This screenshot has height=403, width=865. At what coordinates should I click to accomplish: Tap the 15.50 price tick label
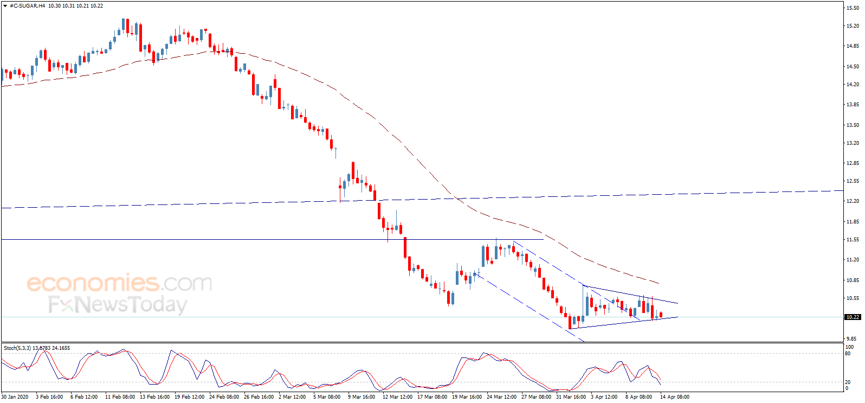pos(853,8)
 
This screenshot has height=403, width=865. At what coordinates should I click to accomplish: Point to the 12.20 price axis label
pos(853,201)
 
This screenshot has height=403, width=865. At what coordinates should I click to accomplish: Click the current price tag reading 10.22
pos(853,317)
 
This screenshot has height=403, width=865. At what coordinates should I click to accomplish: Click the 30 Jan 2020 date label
pos(15,397)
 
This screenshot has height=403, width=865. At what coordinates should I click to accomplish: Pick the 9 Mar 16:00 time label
pos(362,397)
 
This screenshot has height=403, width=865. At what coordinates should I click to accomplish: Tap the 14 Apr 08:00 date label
pos(675,397)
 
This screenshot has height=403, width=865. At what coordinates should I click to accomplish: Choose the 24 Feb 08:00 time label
pos(224,397)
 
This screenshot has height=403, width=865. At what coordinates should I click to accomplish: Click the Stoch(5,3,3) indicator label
pos(17,348)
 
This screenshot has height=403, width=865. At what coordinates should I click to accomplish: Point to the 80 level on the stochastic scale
pos(848,354)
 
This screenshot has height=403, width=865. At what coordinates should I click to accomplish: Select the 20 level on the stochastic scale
pos(848,382)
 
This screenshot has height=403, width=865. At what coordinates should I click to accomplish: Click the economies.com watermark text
pos(119,283)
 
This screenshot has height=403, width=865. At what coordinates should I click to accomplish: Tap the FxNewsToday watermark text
pos(118,304)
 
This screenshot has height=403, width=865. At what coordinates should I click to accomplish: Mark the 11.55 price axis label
pos(853,240)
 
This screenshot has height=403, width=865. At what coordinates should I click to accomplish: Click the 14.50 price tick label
pos(853,67)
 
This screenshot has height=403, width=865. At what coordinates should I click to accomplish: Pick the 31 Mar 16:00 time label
pos(571,397)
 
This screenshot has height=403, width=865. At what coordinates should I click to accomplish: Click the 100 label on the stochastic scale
pos(850,347)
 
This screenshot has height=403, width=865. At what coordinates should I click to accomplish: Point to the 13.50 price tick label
pos(853,125)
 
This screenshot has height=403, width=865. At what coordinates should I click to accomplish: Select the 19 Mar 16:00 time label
pos(467,397)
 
